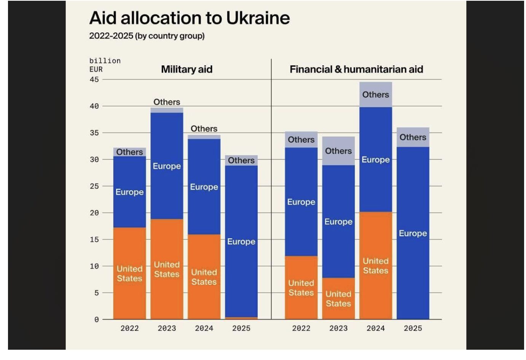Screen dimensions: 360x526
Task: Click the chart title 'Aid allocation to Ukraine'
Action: pos(189,18)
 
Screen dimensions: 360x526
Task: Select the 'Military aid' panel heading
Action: pos(186,69)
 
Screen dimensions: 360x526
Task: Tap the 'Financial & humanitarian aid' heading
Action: pos(356,69)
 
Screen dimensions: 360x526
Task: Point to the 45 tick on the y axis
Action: pos(94,80)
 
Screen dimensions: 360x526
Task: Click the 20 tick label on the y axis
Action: pos(94,213)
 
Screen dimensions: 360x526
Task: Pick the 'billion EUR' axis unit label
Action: pos(104,65)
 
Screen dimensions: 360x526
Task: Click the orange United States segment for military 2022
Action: pos(129,273)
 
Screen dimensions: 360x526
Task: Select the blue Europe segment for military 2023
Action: pos(167,166)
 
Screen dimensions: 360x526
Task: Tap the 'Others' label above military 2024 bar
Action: pos(204,129)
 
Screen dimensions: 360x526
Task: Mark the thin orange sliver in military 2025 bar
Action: pos(241,318)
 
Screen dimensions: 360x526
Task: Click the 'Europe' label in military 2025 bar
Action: pos(241,242)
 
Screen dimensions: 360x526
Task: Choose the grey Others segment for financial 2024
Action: pos(376,94)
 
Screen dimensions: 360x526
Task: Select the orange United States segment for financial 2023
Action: pos(338,298)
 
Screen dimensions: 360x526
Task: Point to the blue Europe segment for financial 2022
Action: pos(301,202)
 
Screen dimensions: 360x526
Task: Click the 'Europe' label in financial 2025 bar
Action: pos(413,233)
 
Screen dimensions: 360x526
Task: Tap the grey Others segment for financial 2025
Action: pos(413,137)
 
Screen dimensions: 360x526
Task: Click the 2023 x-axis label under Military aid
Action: pos(167,328)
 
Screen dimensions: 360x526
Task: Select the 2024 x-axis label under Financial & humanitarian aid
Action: pos(376,328)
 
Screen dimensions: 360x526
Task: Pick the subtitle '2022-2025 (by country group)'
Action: pos(147,36)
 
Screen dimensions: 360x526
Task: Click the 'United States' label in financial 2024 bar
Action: pos(376,266)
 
